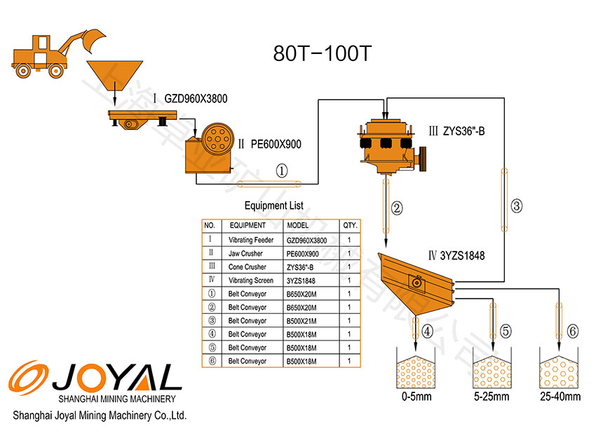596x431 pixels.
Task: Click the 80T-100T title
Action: click(x=321, y=54)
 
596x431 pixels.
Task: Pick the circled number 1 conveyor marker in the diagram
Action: click(x=282, y=170)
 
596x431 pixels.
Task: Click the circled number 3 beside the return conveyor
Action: click(x=517, y=206)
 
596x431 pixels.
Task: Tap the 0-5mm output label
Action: click(x=416, y=397)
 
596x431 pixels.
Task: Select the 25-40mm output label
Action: click(x=560, y=397)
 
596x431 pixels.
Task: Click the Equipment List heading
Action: click(x=273, y=206)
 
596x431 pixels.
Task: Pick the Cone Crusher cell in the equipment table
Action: click(x=247, y=267)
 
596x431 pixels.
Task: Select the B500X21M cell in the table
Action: click(x=302, y=321)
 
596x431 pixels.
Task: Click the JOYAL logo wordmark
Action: click(x=116, y=378)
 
